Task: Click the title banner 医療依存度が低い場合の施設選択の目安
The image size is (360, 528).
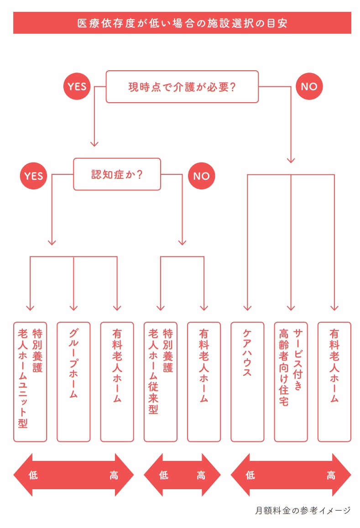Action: coord(182,23)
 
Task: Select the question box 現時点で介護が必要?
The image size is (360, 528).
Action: coord(182,87)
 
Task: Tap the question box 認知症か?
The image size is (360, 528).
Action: coord(117,174)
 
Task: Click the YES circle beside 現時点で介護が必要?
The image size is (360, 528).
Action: coord(77,86)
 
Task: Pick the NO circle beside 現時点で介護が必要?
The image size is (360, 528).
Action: coord(309,86)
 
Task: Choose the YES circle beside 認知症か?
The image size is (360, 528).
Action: coord(33,176)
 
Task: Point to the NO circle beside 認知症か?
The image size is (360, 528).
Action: coord(201,176)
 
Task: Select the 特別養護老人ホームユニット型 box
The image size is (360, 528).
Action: coord(30,382)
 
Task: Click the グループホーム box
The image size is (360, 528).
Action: coord(73,382)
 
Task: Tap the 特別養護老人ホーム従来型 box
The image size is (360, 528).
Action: coord(160,382)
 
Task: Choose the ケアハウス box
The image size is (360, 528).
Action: coord(247,382)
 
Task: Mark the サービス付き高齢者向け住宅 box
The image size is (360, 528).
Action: coord(291,382)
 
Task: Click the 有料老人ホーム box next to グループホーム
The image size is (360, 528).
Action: coord(117,382)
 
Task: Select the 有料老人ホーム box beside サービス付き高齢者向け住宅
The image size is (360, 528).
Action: coord(334,382)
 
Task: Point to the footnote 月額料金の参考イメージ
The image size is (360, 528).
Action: coord(303,511)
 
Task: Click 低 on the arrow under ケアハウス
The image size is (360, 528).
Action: coord(250,475)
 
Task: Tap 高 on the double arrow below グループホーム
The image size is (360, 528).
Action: coord(114,475)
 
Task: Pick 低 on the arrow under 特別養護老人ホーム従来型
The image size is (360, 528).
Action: coord(163,475)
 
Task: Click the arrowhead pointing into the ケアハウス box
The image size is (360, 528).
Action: coord(247,308)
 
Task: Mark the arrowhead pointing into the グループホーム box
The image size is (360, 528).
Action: coord(73,308)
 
